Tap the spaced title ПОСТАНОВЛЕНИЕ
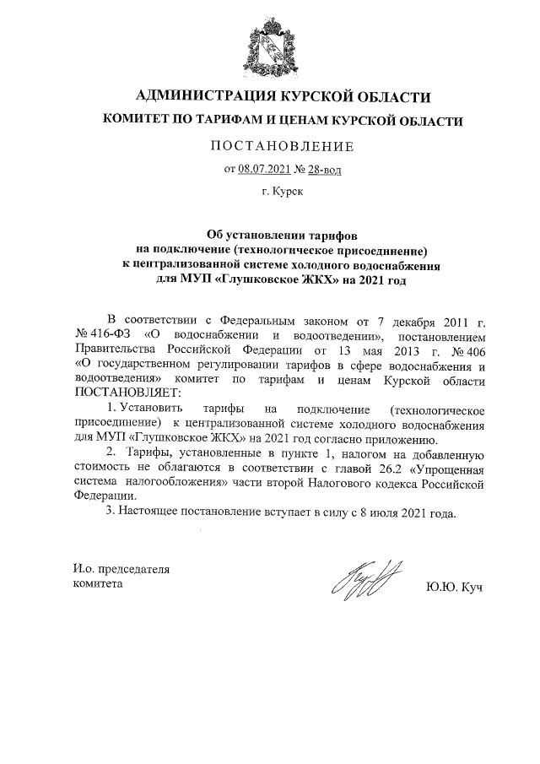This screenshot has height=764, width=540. (x=282, y=146)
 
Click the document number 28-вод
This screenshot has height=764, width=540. (x=325, y=169)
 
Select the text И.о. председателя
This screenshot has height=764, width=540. (x=121, y=568)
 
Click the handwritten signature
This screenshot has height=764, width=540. (x=364, y=581)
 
